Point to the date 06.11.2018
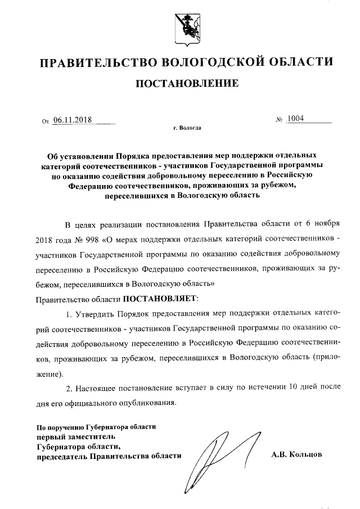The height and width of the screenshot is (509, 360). (x=74, y=119)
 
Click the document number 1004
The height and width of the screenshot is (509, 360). (x=295, y=119)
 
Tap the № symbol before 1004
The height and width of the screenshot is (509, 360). (x=279, y=120)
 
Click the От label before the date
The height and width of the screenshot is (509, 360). (x=46, y=120)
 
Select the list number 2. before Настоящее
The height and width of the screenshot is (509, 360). (x=70, y=388)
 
